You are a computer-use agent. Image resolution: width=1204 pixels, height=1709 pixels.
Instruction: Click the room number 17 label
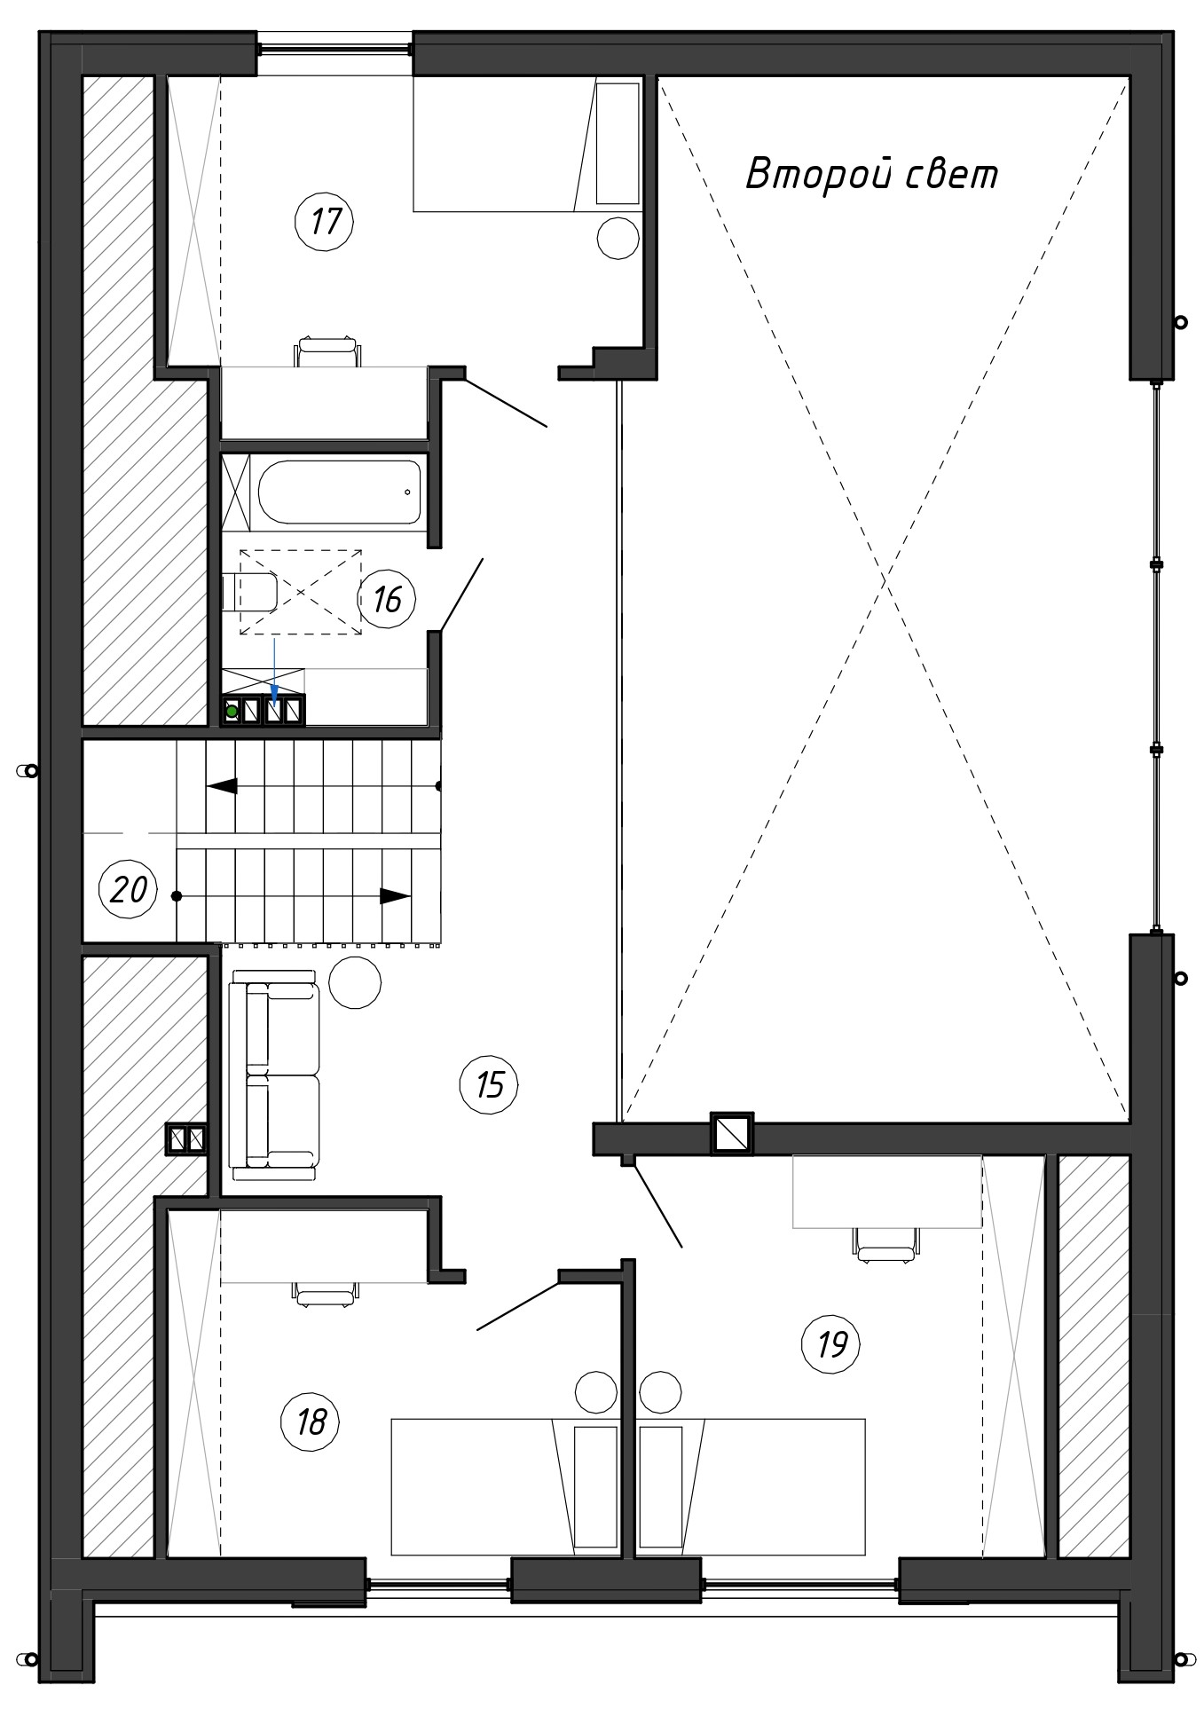click(325, 221)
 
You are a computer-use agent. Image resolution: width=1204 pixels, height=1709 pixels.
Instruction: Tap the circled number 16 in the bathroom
click(387, 600)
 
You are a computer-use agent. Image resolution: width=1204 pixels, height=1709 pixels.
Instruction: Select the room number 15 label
click(490, 1084)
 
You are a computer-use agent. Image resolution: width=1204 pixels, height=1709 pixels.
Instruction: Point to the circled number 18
click(311, 1422)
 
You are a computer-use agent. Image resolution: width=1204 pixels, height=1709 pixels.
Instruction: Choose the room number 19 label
click(831, 1344)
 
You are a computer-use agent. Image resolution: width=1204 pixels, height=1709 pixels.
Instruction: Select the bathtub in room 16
click(340, 491)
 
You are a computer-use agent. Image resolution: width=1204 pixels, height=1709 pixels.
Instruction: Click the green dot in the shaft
click(232, 711)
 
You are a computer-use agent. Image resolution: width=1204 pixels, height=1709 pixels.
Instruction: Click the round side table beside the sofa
click(355, 982)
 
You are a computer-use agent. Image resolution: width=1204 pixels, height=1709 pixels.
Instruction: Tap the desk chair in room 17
click(328, 350)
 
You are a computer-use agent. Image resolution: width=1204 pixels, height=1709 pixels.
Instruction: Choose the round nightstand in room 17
click(618, 238)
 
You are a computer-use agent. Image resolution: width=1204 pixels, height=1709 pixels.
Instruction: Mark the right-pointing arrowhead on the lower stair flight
click(396, 896)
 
